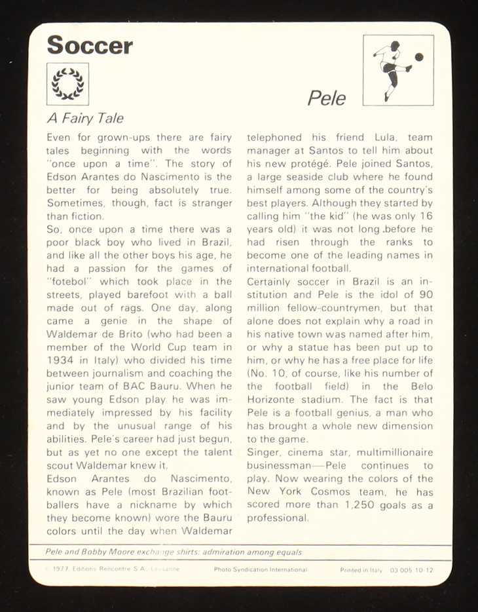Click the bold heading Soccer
(90, 45)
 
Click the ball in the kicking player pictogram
(419, 57)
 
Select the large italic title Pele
(327, 98)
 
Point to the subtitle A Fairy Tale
(85, 119)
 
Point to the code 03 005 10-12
(411, 570)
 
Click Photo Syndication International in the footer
(260, 570)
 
